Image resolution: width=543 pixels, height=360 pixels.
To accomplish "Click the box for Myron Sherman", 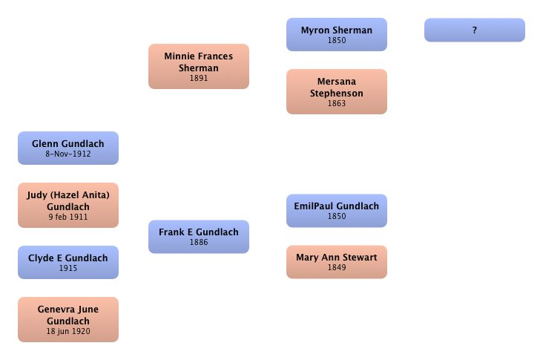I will click(x=336, y=34).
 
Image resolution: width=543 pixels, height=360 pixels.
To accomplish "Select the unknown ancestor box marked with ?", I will click(x=474, y=30).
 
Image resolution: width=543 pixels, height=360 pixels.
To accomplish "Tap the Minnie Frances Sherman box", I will click(x=198, y=65).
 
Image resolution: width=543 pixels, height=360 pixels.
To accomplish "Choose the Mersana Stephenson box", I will click(x=336, y=91).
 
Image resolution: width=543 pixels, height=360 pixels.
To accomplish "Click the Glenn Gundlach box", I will click(x=68, y=148).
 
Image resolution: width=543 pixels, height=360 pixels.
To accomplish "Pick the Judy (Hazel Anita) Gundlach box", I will click(x=68, y=204).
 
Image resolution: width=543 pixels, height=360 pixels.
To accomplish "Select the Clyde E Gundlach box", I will click(x=68, y=262).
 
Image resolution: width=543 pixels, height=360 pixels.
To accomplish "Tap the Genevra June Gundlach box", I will click(x=68, y=318).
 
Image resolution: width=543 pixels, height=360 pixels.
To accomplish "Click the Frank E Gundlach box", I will click(x=198, y=236).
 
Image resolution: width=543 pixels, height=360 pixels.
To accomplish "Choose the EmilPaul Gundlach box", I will click(x=336, y=210).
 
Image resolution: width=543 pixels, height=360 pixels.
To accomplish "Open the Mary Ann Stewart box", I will click(x=336, y=261).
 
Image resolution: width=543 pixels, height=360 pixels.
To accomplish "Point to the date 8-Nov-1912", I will click(x=68, y=154).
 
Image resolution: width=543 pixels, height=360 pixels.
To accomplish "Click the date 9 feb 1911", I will click(x=68, y=217).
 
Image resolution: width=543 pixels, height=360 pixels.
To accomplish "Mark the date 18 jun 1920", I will click(x=68, y=332).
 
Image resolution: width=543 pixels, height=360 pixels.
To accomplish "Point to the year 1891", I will click(x=198, y=78).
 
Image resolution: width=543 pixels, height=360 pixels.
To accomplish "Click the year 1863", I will click(x=336, y=104).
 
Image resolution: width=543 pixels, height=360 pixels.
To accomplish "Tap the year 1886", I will click(x=198, y=243).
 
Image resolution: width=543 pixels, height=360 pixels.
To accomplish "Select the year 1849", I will click(x=336, y=268).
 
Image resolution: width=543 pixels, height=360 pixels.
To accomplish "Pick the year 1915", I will click(x=68, y=269).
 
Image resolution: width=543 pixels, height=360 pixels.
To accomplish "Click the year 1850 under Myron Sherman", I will click(x=336, y=41).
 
